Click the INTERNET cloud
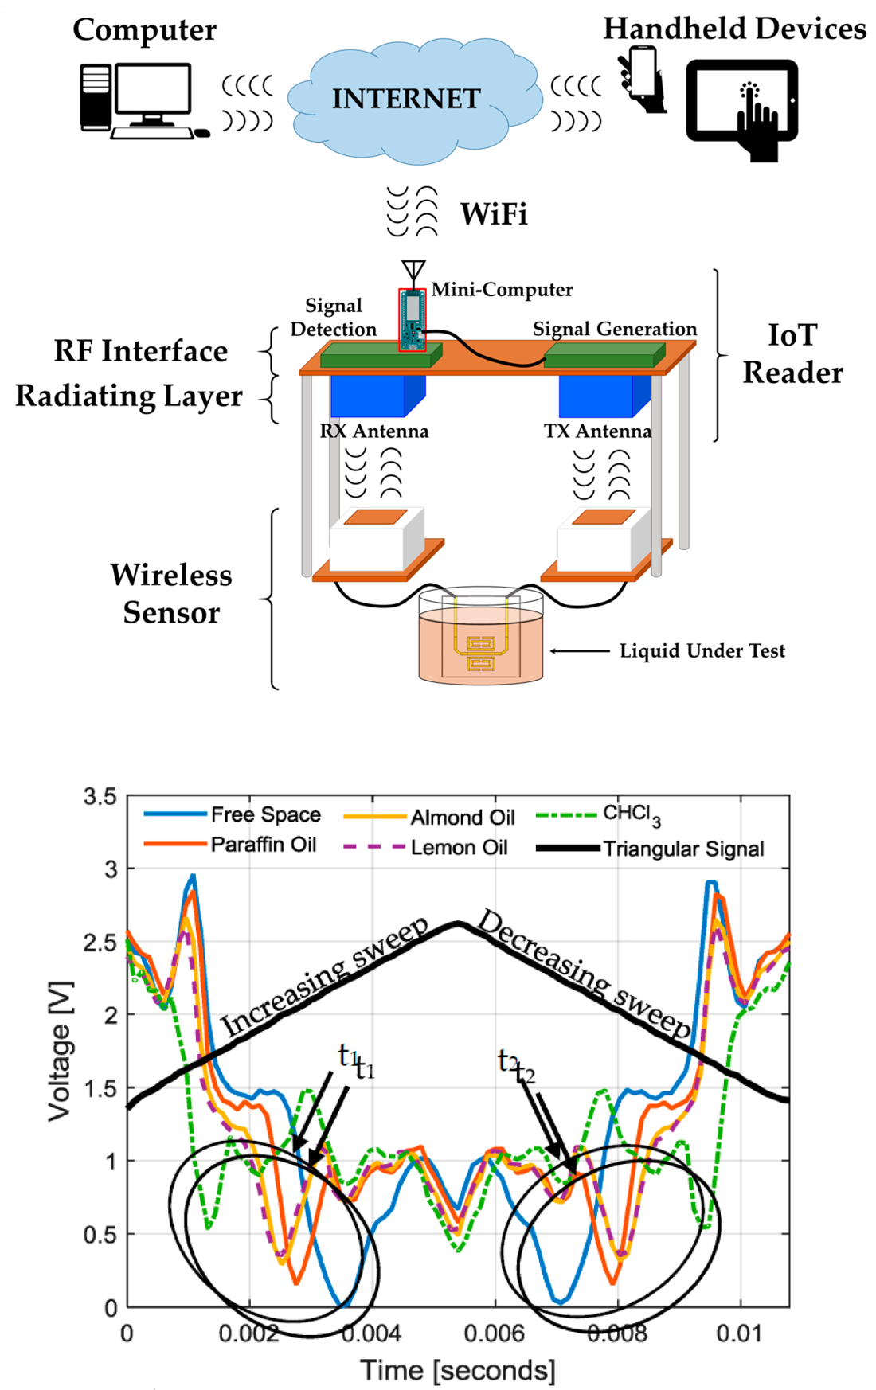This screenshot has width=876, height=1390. point(406,99)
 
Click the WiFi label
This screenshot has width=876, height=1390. point(494,214)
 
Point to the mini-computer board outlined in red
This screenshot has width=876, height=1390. point(412,319)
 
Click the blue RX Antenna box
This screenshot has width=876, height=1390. point(375,395)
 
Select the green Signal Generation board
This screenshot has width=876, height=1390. point(604,355)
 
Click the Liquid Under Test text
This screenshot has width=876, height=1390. point(702,650)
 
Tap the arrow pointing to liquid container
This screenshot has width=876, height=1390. point(580,651)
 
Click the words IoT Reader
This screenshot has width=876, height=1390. point(792,353)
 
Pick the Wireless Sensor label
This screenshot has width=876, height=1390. point(171,593)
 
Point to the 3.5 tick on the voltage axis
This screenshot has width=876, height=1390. point(100,797)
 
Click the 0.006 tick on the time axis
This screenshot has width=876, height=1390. point(494,1333)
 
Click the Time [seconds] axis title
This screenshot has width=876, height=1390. point(458,1370)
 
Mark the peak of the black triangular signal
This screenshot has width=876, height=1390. point(459,923)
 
